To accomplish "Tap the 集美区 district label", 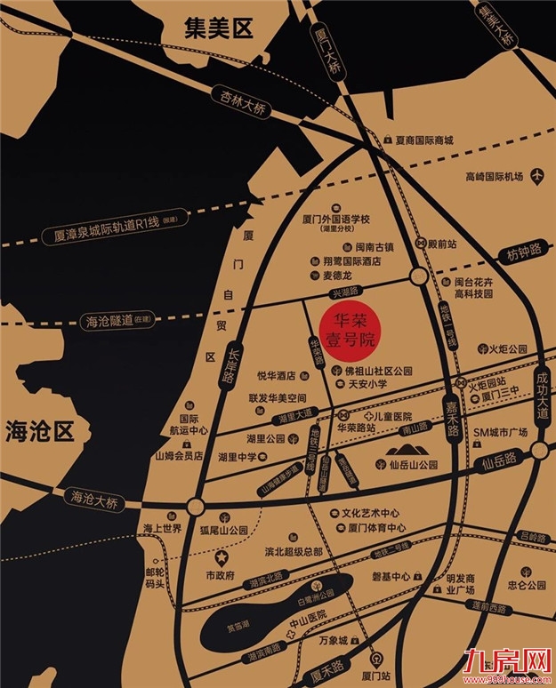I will [218, 29].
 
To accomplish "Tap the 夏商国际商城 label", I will [424, 140].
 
